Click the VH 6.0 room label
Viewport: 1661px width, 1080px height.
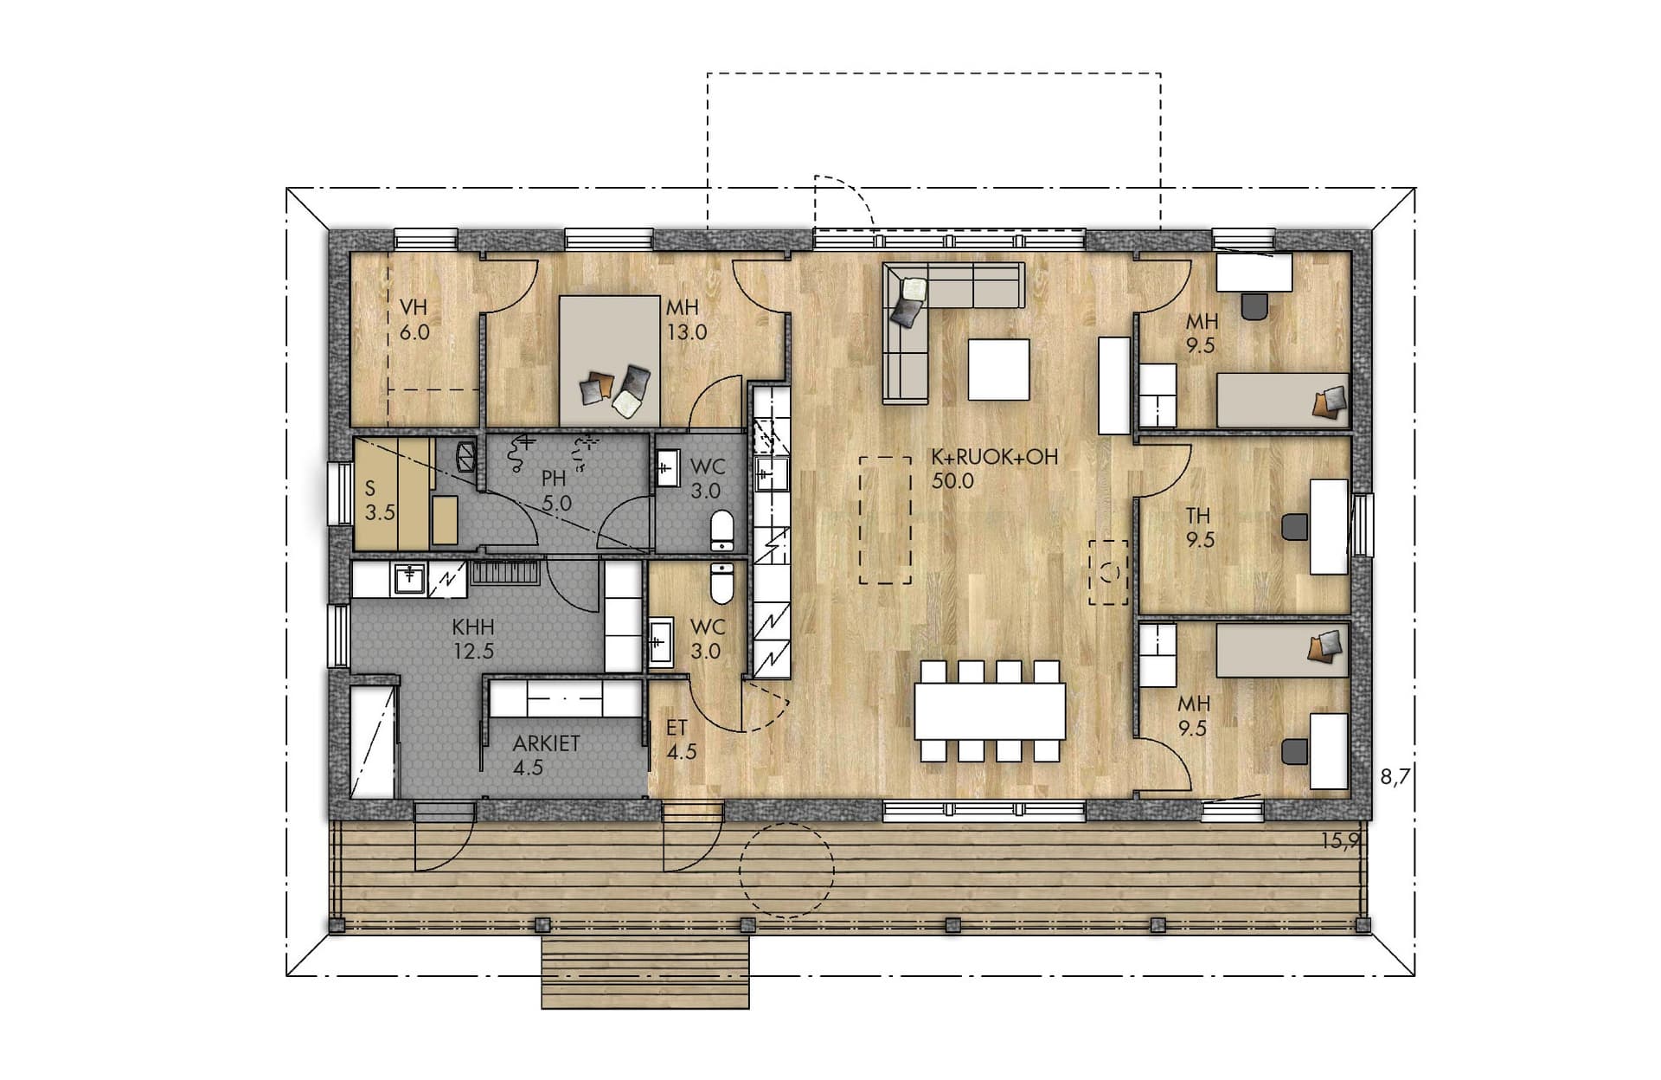pos(414,319)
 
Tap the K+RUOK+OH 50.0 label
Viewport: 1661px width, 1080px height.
pos(995,468)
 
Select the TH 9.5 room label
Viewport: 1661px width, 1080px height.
pos(1200,528)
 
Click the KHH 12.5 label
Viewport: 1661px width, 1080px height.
pos(473,639)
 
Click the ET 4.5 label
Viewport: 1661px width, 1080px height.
pos(681,740)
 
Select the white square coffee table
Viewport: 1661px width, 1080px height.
pos(999,370)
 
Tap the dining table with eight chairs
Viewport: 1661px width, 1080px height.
pos(991,711)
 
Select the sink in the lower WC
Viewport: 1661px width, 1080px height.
pos(661,641)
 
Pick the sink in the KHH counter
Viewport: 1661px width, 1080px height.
pos(407,580)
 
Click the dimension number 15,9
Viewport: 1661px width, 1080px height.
pos(1340,840)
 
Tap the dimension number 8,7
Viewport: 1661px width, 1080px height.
pos(1395,777)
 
